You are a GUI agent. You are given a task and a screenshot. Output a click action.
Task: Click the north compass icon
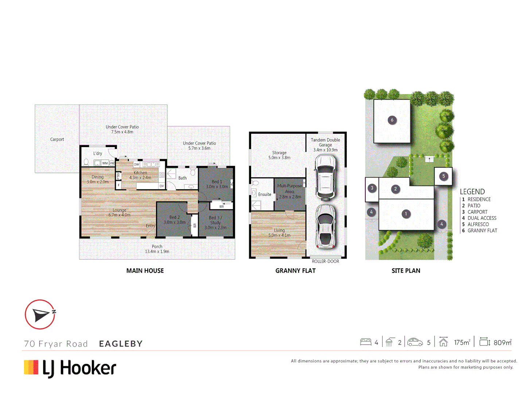tap(40, 314)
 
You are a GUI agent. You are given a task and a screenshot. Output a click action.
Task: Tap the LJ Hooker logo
tap(70, 368)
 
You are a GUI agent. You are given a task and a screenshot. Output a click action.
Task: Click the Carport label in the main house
tap(57, 139)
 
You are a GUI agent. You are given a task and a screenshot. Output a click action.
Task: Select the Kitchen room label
tap(140, 173)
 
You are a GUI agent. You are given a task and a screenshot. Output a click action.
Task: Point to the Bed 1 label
tap(217, 182)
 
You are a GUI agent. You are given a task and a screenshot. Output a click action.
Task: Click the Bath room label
tap(182, 178)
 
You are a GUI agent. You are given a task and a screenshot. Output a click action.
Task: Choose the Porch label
tap(157, 247)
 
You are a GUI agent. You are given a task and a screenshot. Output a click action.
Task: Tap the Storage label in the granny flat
tap(279, 153)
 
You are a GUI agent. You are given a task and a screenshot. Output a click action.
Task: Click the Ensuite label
tap(265, 194)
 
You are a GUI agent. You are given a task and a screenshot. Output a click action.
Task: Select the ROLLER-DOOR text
tap(325, 262)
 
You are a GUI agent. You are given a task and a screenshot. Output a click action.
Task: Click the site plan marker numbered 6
tap(392, 120)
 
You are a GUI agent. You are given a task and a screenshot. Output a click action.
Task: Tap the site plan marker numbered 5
tap(443, 176)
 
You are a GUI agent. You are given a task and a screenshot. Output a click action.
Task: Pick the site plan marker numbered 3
tap(372, 188)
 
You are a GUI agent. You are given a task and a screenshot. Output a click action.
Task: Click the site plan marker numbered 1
tap(406, 214)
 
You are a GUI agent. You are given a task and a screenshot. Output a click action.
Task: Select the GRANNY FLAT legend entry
tap(482, 231)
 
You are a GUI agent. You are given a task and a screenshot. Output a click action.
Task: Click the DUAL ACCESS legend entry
tap(482, 218)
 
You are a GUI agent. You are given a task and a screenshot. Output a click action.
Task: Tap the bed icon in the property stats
tap(365, 342)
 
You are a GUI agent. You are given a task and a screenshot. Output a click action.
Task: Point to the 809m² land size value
tap(502, 343)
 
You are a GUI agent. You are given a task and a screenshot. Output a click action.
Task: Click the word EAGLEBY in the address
tap(121, 344)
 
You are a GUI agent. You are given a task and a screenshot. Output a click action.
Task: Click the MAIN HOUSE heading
tap(145, 271)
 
